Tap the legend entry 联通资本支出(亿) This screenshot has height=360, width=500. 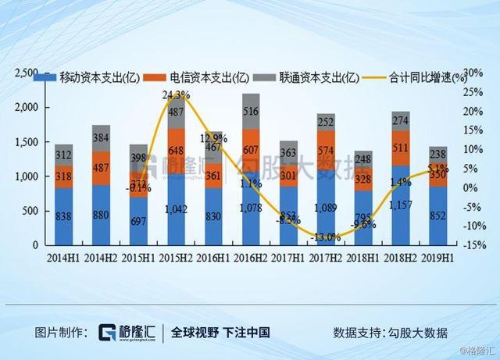click(304, 77)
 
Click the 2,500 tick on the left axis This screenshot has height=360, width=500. click(27, 73)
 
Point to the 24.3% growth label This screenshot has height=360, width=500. click(176, 95)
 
